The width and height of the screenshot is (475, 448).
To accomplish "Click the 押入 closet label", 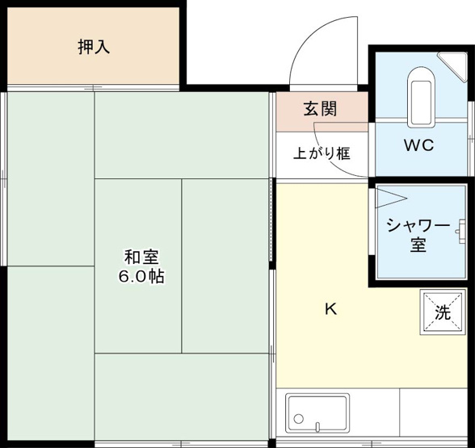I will (94, 47).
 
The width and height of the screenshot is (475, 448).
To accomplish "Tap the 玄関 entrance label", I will (320, 109).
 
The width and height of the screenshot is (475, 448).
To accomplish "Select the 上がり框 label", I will (321, 152).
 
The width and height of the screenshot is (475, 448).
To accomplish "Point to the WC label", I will (419, 146).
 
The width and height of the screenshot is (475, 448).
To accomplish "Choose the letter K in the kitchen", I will (330, 308).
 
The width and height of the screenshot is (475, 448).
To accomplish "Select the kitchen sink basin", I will (317, 412).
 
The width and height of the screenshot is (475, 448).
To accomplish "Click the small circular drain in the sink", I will (299, 420).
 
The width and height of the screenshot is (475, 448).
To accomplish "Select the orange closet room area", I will (48, 47).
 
